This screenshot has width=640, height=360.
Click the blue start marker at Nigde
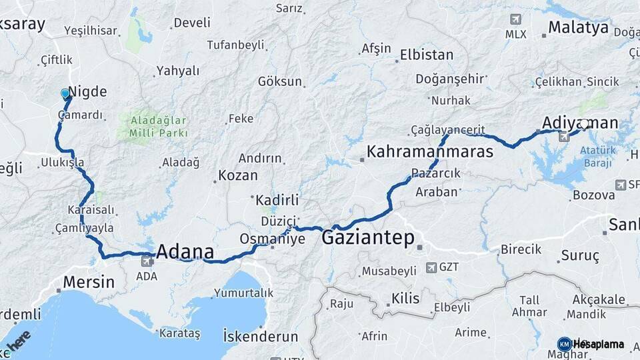[x=65, y=94]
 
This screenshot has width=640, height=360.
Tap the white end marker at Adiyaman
[x=585, y=123]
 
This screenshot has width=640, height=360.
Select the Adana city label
[x=185, y=252]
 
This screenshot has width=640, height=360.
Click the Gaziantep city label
[x=368, y=238]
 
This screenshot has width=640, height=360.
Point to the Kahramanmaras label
[x=431, y=152]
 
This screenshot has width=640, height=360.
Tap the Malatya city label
[x=578, y=27]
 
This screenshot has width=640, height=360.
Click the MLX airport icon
[x=515, y=19]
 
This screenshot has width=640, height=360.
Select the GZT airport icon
[x=430, y=267]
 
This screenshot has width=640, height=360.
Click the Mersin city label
[x=89, y=282]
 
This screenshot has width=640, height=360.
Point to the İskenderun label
[x=261, y=334]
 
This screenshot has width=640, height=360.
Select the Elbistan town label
[x=427, y=55]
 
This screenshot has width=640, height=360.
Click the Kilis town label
[x=405, y=299]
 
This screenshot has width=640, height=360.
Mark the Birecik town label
[x=520, y=249]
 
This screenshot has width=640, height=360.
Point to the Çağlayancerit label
[x=447, y=129]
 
